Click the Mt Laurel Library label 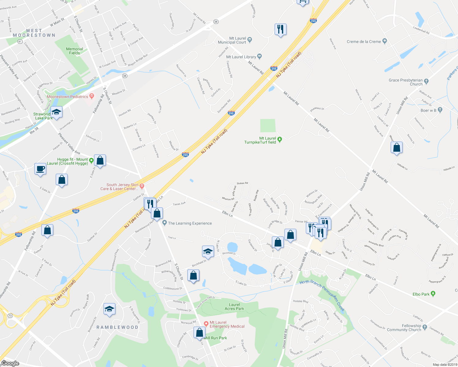click(241, 57)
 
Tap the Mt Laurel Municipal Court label click(232, 40)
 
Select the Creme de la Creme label click(364, 42)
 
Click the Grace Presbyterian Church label click(405, 82)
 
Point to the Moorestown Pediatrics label click(67, 97)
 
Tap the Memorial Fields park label click(74, 51)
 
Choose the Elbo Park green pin click(433, 294)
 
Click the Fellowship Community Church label click(404, 328)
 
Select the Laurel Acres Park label click(234, 306)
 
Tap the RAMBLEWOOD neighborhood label click(117, 327)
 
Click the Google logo click(10, 363)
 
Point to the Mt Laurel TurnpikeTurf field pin click(279, 140)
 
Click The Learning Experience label click(190, 223)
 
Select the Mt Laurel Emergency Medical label click(227, 324)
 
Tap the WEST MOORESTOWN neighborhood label click(34, 33)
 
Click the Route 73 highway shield click(10, 316)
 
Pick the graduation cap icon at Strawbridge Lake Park click(57, 112)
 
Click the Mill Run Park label click(215, 338)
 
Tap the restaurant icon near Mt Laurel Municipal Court click(280, 30)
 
